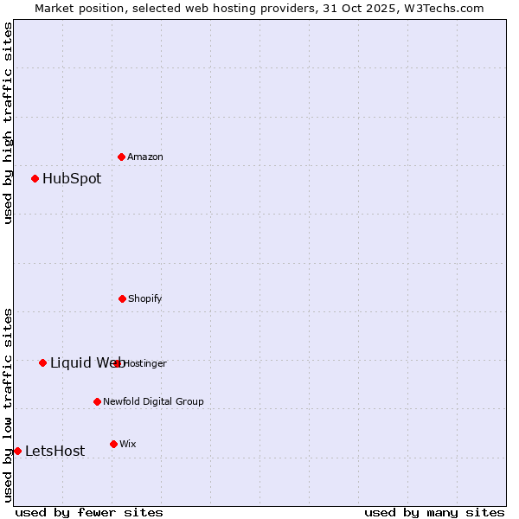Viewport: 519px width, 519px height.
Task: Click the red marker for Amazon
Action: click(122, 157)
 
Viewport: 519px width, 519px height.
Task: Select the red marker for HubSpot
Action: click(35, 179)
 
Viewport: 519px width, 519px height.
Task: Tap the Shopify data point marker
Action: click(122, 298)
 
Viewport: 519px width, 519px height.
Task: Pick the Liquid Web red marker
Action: click(43, 363)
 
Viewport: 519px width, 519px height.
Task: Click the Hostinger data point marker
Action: click(118, 363)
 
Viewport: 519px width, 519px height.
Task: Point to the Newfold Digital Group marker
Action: click(97, 401)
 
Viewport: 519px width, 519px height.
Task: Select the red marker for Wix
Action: click(113, 444)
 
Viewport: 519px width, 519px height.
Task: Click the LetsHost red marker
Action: click(17, 451)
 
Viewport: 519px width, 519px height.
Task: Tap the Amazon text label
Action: click(145, 157)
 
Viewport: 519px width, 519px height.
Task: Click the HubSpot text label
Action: click(72, 179)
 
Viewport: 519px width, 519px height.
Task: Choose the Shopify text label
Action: click(145, 298)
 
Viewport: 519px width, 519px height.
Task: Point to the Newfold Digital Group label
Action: click(153, 401)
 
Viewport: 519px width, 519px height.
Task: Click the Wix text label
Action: click(128, 444)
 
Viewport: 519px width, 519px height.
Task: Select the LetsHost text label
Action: click(54, 451)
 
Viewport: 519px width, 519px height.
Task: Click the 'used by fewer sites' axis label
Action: click(89, 512)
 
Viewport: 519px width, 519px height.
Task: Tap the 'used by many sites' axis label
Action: click(434, 512)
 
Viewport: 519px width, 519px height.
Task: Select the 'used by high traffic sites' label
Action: click(9, 124)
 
